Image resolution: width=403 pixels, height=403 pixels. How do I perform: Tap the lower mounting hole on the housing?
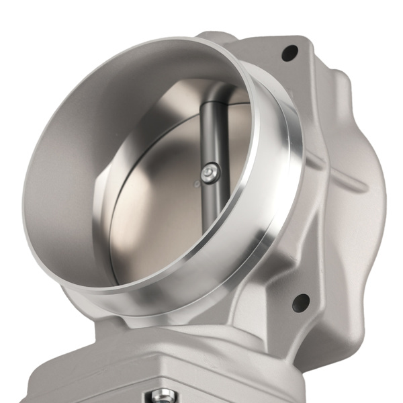(x=300, y=302)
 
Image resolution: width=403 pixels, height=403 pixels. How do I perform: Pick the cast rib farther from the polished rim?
(x=349, y=181)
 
